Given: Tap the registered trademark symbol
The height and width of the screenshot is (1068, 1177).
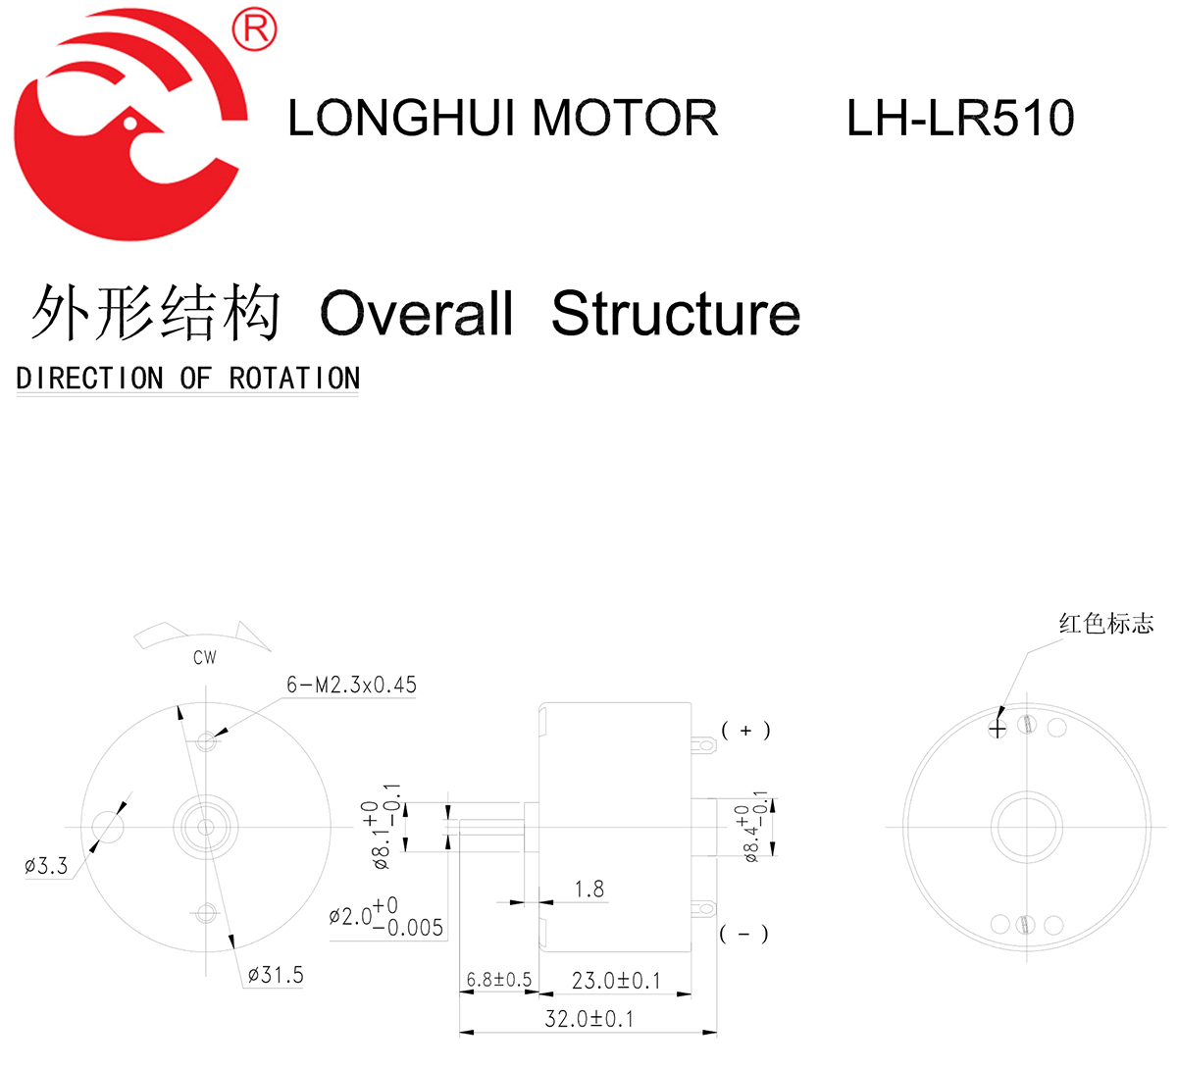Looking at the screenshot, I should coord(254,29).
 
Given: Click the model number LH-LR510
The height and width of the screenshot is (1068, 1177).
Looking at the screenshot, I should coord(959,118).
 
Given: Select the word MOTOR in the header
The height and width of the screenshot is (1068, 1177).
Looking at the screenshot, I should coord(625,118).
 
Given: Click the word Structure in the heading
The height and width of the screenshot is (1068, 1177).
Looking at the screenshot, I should coord(676,314).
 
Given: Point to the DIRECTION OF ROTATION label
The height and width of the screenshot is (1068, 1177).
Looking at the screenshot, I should coord(188,379).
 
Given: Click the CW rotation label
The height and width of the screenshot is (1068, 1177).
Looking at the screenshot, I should coord(205,658).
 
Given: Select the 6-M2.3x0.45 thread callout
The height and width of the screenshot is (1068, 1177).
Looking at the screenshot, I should coord(351,685).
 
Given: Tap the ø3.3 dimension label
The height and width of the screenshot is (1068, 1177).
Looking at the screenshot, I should coord(46,866).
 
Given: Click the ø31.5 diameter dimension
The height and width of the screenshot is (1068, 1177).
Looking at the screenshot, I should coord(276,975).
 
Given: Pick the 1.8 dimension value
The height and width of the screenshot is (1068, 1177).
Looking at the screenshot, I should coord(589,890).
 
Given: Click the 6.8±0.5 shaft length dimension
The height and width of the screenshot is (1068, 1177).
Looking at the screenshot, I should coord(498,980).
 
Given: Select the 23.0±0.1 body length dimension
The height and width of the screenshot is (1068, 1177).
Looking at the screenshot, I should coord(616,980).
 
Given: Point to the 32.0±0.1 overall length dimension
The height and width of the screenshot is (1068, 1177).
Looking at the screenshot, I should coord(588,1019).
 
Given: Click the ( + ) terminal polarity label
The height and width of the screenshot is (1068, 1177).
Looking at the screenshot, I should coord(745,731).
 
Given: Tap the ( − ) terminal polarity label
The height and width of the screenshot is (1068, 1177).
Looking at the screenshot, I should coord(744,934).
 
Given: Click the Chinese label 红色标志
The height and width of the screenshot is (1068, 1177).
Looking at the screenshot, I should coord(1105,624).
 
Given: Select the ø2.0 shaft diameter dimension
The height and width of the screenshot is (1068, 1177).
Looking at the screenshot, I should coord(386,917).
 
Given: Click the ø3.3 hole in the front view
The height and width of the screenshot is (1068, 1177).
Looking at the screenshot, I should coord(108,827).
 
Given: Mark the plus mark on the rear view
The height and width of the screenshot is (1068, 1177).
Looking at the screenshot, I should coord(998,729).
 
